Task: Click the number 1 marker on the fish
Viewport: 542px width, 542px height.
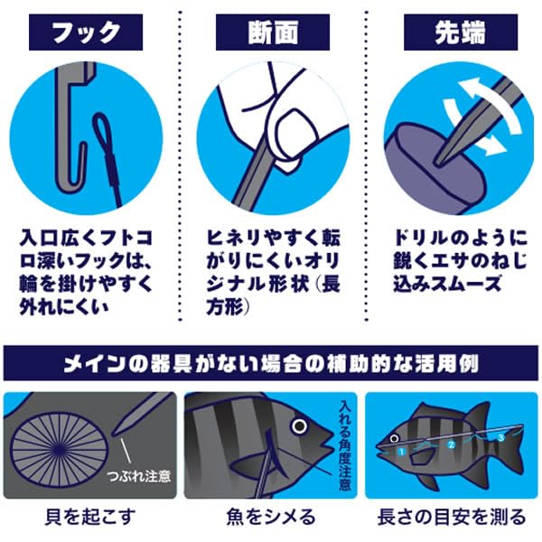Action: point(399,448)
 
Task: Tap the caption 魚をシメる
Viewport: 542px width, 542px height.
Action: point(271,518)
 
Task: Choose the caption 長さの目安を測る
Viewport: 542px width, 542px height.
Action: point(452,518)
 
